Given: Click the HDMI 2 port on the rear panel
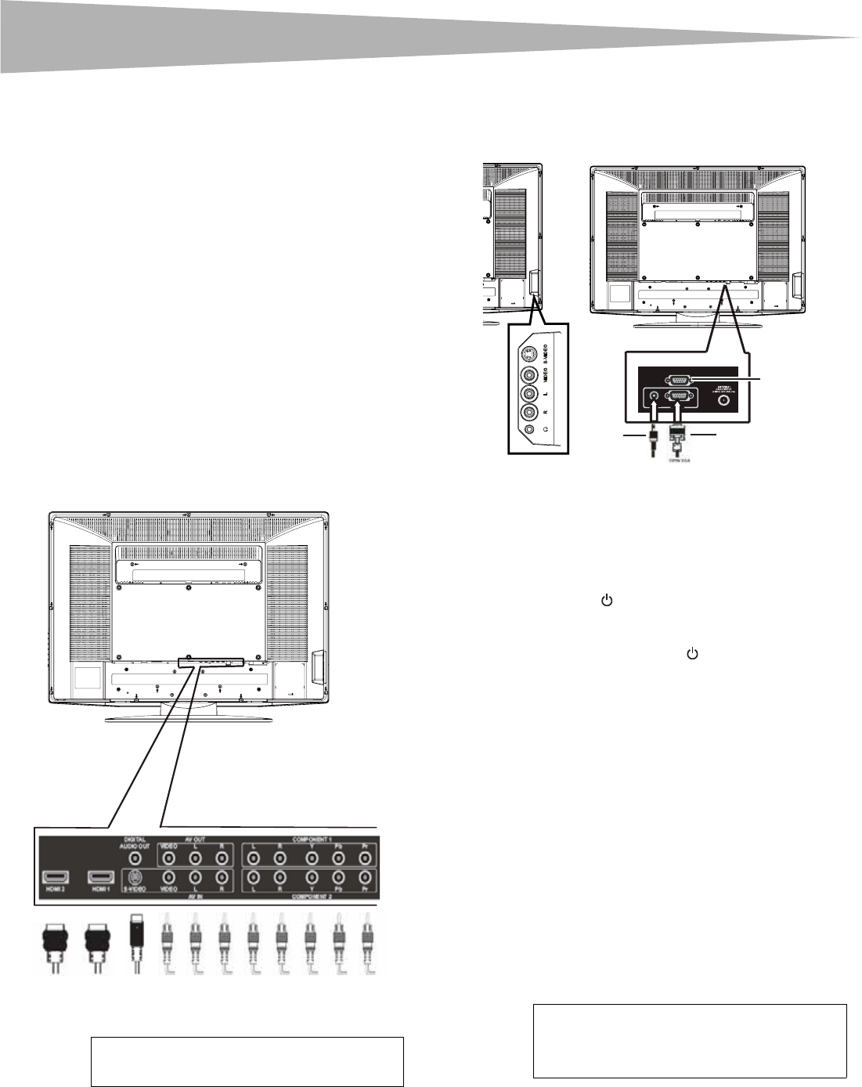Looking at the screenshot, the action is pyautogui.click(x=55, y=877).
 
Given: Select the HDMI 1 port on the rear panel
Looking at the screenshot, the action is pyautogui.click(x=101, y=877).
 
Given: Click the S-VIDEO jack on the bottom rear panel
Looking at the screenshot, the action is pyautogui.click(x=135, y=877).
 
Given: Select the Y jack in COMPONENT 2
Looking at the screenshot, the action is pyautogui.click(x=312, y=877).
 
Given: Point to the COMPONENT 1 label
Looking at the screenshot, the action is pyautogui.click(x=311, y=840).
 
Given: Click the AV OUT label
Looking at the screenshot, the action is pyautogui.click(x=194, y=840).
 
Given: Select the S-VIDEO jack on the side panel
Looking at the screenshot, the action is pyautogui.click(x=531, y=353).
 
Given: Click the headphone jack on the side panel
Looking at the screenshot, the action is pyautogui.click(x=531, y=428).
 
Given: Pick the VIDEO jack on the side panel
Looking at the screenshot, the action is pyautogui.click(x=531, y=374).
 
